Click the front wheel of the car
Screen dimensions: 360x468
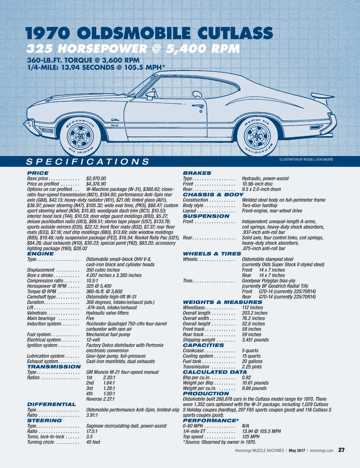(x=80, y=136)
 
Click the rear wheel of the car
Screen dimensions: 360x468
(x=257, y=137)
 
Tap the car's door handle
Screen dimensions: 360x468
(x=198, y=106)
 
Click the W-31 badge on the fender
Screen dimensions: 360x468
(x=115, y=125)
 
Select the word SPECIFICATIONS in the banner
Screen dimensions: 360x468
(x=88, y=162)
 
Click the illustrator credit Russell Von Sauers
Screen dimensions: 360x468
(x=306, y=160)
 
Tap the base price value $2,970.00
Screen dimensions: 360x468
(x=96, y=178)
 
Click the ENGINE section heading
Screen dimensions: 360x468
(x=40, y=254)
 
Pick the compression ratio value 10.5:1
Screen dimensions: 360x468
(x=92, y=281)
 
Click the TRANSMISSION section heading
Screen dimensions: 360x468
(x=54, y=367)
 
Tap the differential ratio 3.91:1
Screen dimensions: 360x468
(x=92, y=415)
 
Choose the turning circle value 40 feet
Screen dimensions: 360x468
(x=93, y=442)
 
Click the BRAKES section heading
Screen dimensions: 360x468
(x=197, y=173)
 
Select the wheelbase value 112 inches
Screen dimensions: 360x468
(x=252, y=308)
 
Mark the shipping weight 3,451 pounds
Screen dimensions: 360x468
(x=255, y=340)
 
